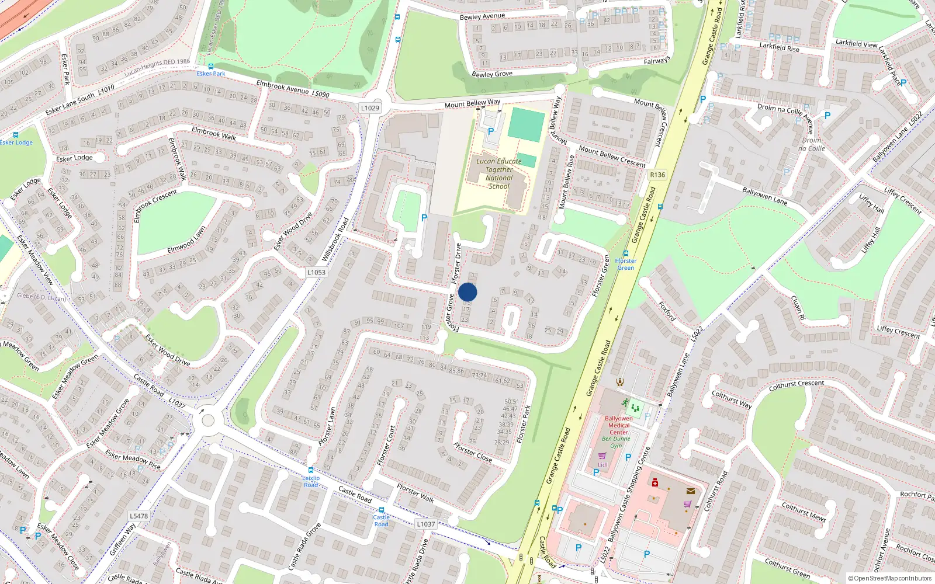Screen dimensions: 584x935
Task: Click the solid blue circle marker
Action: (x=467, y=292)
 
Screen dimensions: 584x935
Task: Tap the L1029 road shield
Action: (x=370, y=108)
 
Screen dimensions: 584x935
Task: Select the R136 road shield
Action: (x=657, y=175)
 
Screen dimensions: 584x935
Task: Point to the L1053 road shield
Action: (x=316, y=272)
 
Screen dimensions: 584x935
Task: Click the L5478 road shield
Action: (x=138, y=516)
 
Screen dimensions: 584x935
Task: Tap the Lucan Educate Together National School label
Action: (x=498, y=173)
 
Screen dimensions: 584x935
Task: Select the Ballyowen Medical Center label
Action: (x=618, y=425)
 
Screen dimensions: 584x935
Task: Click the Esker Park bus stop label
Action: (x=211, y=74)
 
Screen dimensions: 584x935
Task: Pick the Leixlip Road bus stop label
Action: (x=311, y=481)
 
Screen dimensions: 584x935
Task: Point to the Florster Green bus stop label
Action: (x=625, y=264)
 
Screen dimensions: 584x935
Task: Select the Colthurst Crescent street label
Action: (x=796, y=385)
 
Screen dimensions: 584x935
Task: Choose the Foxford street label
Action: (x=667, y=311)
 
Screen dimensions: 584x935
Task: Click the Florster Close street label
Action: (x=473, y=453)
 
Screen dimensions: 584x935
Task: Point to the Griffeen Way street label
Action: (x=122, y=539)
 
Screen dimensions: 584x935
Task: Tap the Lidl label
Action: (x=602, y=465)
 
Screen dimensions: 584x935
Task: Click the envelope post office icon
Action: (x=690, y=491)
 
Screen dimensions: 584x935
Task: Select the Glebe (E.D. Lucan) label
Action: (x=41, y=297)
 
